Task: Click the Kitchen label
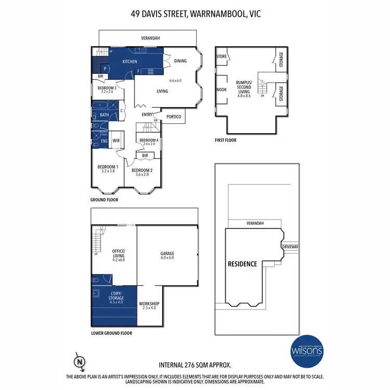point(129,61)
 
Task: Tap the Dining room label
point(180,61)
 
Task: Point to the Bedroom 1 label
point(108,167)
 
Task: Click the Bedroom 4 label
point(149,140)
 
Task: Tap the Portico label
point(174,117)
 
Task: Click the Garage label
point(167,254)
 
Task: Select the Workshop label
point(149,304)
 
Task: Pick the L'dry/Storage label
point(116,296)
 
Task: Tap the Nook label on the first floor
point(221,89)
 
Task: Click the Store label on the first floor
point(221,56)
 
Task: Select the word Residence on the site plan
point(242,264)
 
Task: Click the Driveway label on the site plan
point(290,246)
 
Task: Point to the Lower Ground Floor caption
point(111,333)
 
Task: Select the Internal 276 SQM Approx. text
point(194,365)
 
